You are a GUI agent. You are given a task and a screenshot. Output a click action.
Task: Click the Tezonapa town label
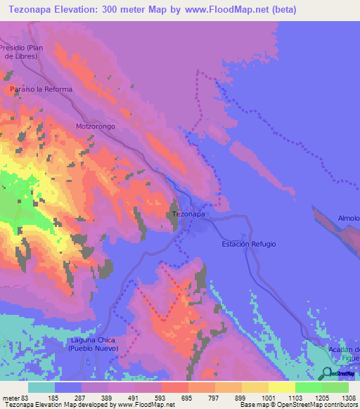point(189,214)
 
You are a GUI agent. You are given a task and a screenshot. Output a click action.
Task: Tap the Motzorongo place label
point(96,126)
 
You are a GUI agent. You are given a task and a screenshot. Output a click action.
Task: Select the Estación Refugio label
point(249,244)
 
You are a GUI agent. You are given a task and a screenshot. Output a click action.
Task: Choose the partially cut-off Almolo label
point(349,219)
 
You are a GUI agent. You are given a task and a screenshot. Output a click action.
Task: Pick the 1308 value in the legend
point(340,397)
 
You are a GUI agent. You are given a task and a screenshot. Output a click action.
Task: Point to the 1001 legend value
point(258,397)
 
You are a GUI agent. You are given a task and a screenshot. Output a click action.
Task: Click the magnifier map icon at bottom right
point(326,373)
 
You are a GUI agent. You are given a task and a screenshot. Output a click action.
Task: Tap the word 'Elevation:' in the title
point(79,10)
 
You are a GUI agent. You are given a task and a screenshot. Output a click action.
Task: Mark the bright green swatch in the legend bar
point(309,387)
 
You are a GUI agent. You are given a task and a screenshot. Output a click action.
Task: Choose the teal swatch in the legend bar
point(41,387)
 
